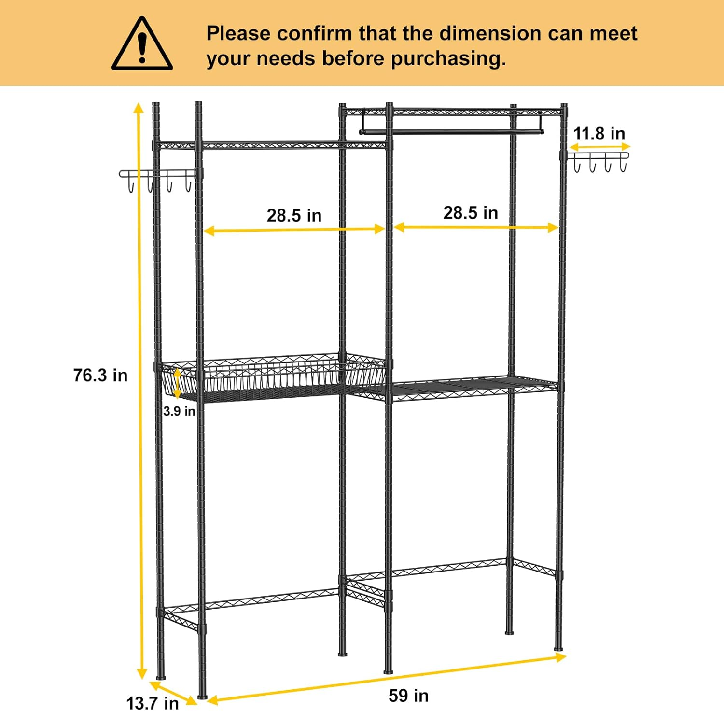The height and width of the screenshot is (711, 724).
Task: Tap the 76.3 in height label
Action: tap(100, 375)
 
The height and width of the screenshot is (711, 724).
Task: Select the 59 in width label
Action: tap(408, 696)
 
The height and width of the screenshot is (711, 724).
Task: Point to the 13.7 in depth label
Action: tap(153, 702)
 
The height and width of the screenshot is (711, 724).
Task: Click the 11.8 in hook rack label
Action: tap(599, 133)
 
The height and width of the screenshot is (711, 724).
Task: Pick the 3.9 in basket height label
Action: tap(179, 411)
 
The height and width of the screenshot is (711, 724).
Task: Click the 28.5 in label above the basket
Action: tap(294, 215)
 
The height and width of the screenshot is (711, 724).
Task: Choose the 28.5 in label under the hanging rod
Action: tap(471, 212)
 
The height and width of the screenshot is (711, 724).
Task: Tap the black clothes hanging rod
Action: tap(452, 131)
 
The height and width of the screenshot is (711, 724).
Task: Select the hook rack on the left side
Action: tap(157, 179)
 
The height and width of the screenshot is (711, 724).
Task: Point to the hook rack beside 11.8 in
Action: tap(599, 162)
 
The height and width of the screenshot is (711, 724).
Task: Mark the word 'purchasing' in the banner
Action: tap(448, 59)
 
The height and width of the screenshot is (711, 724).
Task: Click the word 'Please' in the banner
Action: tap(238, 33)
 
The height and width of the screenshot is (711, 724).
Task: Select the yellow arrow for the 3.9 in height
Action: tap(178, 383)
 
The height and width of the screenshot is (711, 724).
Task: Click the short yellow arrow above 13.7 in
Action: tap(173, 692)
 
